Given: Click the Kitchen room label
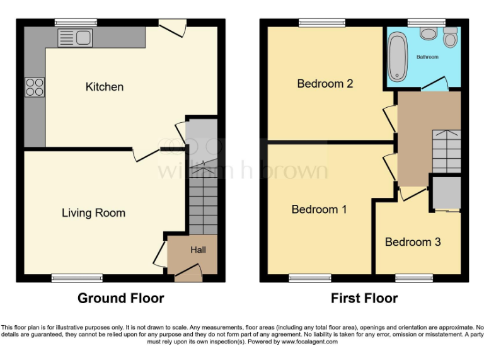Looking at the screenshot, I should click(x=105, y=87).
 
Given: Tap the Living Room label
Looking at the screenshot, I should click(x=93, y=213).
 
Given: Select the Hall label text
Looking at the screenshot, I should click(x=198, y=250).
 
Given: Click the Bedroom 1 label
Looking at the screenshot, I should click(x=319, y=209).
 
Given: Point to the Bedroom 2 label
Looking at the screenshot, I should click(x=325, y=84).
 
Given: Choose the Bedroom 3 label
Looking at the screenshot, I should click(x=413, y=242).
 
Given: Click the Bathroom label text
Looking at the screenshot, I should click(x=427, y=57).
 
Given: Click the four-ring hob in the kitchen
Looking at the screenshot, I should click(x=34, y=86).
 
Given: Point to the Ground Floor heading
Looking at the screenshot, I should click(x=120, y=298).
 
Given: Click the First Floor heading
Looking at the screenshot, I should click(x=364, y=298).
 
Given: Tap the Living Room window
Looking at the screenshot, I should click(x=77, y=277).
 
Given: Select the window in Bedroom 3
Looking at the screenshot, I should click(x=414, y=277).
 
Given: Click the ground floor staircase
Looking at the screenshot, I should click(x=202, y=189).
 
